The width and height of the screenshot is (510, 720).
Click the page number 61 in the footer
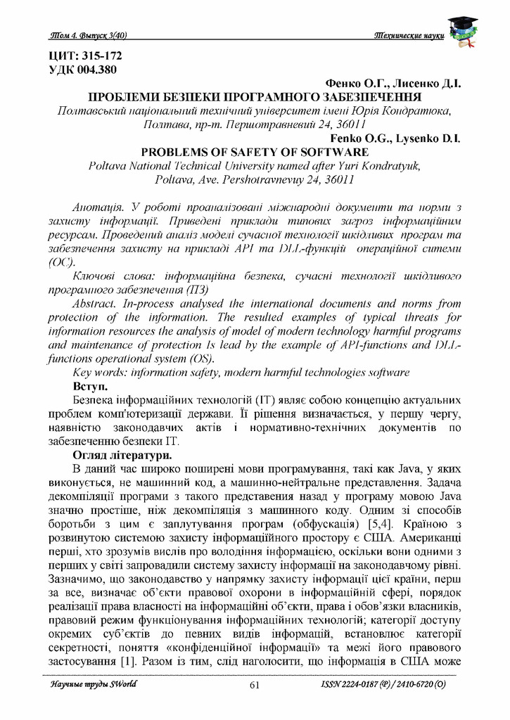pyautogui.click(x=255, y=685)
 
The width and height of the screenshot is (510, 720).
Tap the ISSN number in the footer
pyautogui.click(x=383, y=684)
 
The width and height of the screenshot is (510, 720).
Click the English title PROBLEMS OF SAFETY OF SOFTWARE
pyautogui.click(x=255, y=151)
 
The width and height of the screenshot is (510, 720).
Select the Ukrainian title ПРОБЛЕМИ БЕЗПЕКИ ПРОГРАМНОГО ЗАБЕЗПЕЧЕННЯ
pyautogui.click(x=254, y=96)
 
